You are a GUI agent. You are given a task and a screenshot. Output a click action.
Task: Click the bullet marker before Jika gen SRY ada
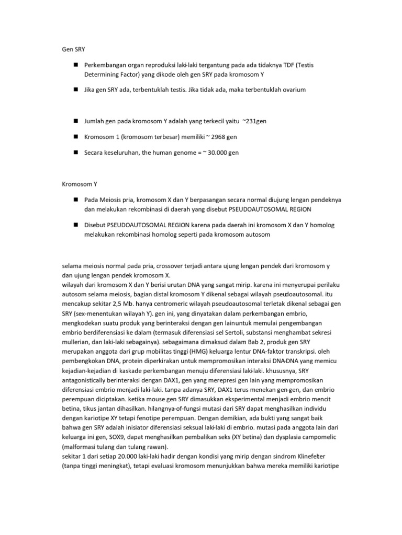(76, 89)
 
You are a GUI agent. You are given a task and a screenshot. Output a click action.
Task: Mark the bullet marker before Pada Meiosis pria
(76, 200)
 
